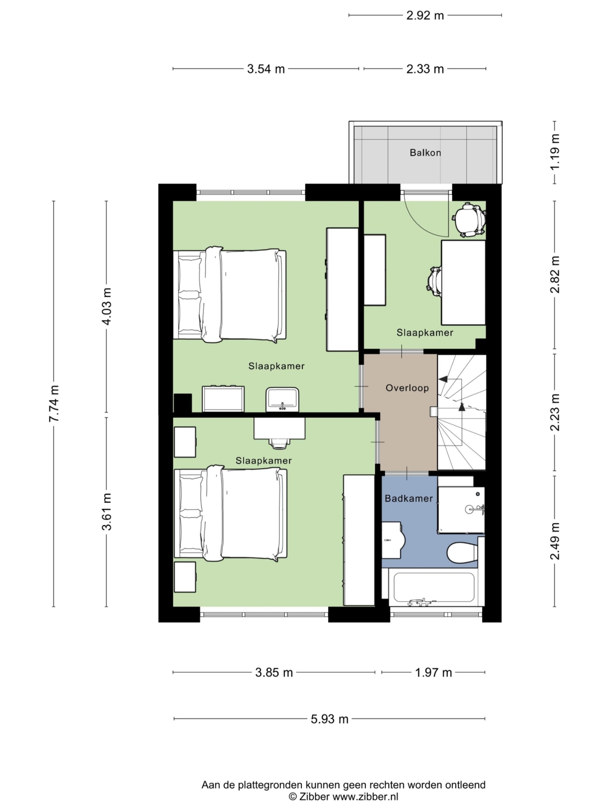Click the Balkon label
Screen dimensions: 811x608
point(425,153)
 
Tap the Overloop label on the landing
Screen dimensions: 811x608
point(407,388)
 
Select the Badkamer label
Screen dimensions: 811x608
point(409,498)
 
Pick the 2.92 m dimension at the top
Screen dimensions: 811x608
point(425,15)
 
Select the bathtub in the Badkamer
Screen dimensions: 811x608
point(434,587)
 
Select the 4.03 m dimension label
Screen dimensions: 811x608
point(107,306)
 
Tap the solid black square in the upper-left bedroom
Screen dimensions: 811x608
point(182,403)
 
